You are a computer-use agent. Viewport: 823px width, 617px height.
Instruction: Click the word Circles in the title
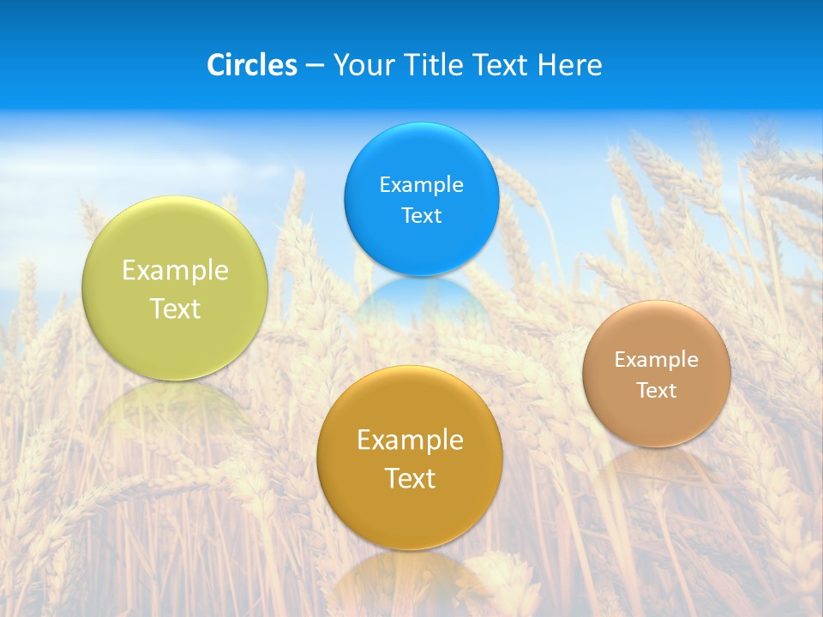251,65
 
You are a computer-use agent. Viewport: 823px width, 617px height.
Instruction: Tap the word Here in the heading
570,65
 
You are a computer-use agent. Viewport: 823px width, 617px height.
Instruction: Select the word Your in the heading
363,65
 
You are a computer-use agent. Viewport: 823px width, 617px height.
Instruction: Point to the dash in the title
315,66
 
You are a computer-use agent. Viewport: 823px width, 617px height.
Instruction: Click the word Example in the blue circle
421,184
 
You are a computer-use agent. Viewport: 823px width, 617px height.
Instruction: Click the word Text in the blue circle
421,215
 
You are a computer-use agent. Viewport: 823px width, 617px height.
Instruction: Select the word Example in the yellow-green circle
175,270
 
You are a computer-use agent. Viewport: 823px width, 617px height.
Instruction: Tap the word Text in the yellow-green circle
175,308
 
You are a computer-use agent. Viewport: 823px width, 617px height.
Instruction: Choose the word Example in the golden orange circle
410,440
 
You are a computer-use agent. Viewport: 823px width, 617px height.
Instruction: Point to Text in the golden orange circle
410,478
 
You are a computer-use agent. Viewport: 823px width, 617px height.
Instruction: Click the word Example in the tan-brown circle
657,359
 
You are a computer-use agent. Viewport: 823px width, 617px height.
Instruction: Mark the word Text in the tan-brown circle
657,390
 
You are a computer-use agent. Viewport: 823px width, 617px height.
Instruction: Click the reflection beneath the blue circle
421,296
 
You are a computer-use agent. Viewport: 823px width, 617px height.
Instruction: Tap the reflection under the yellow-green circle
175,403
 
